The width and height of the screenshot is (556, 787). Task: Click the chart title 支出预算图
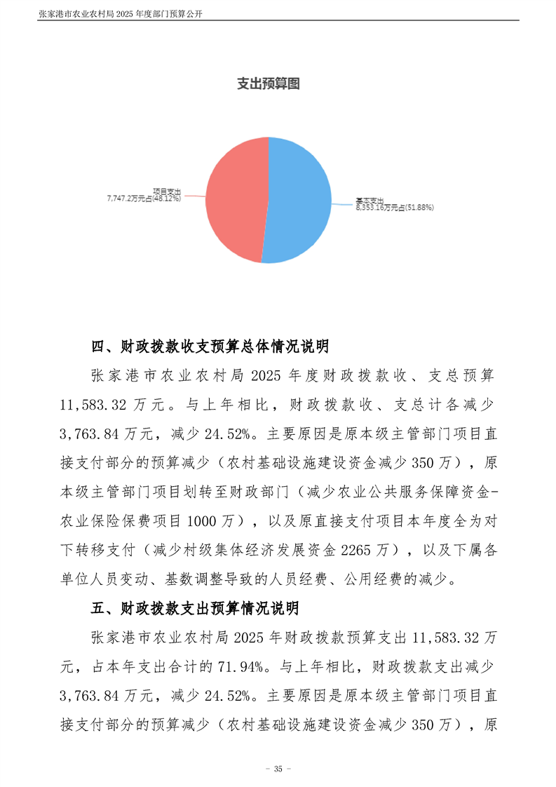click(269, 84)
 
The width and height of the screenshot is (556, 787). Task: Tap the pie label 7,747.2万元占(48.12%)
click(144, 199)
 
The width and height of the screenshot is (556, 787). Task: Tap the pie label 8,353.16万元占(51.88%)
click(395, 208)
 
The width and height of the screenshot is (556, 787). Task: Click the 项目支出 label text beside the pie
click(167, 191)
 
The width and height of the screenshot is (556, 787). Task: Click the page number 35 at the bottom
click(278, 769)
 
